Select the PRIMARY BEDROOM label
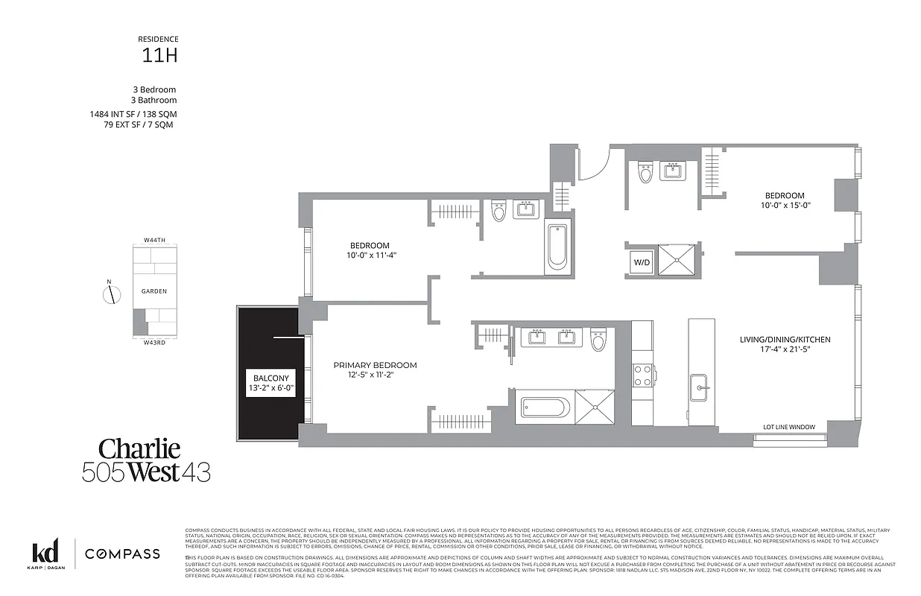pyautogui.click(x=375, y=365)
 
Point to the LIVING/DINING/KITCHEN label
pyautogui.click(x=785, y=340)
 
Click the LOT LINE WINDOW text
pyautogui.click(x=788, y=427)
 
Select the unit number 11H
pyautogui.click(x=159, y=54)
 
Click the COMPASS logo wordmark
pyautogui.click(x=121, y=554)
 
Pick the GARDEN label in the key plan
pyautogui.click(x=154, y=291)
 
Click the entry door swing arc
pyautogui.click(x=596, y=165)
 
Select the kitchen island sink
pyautogui.click(x=700, y=386)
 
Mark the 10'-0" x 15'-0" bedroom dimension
pyautogui.click(x=783, y=206)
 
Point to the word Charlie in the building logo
pyautogui.click(x=140, y=448)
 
